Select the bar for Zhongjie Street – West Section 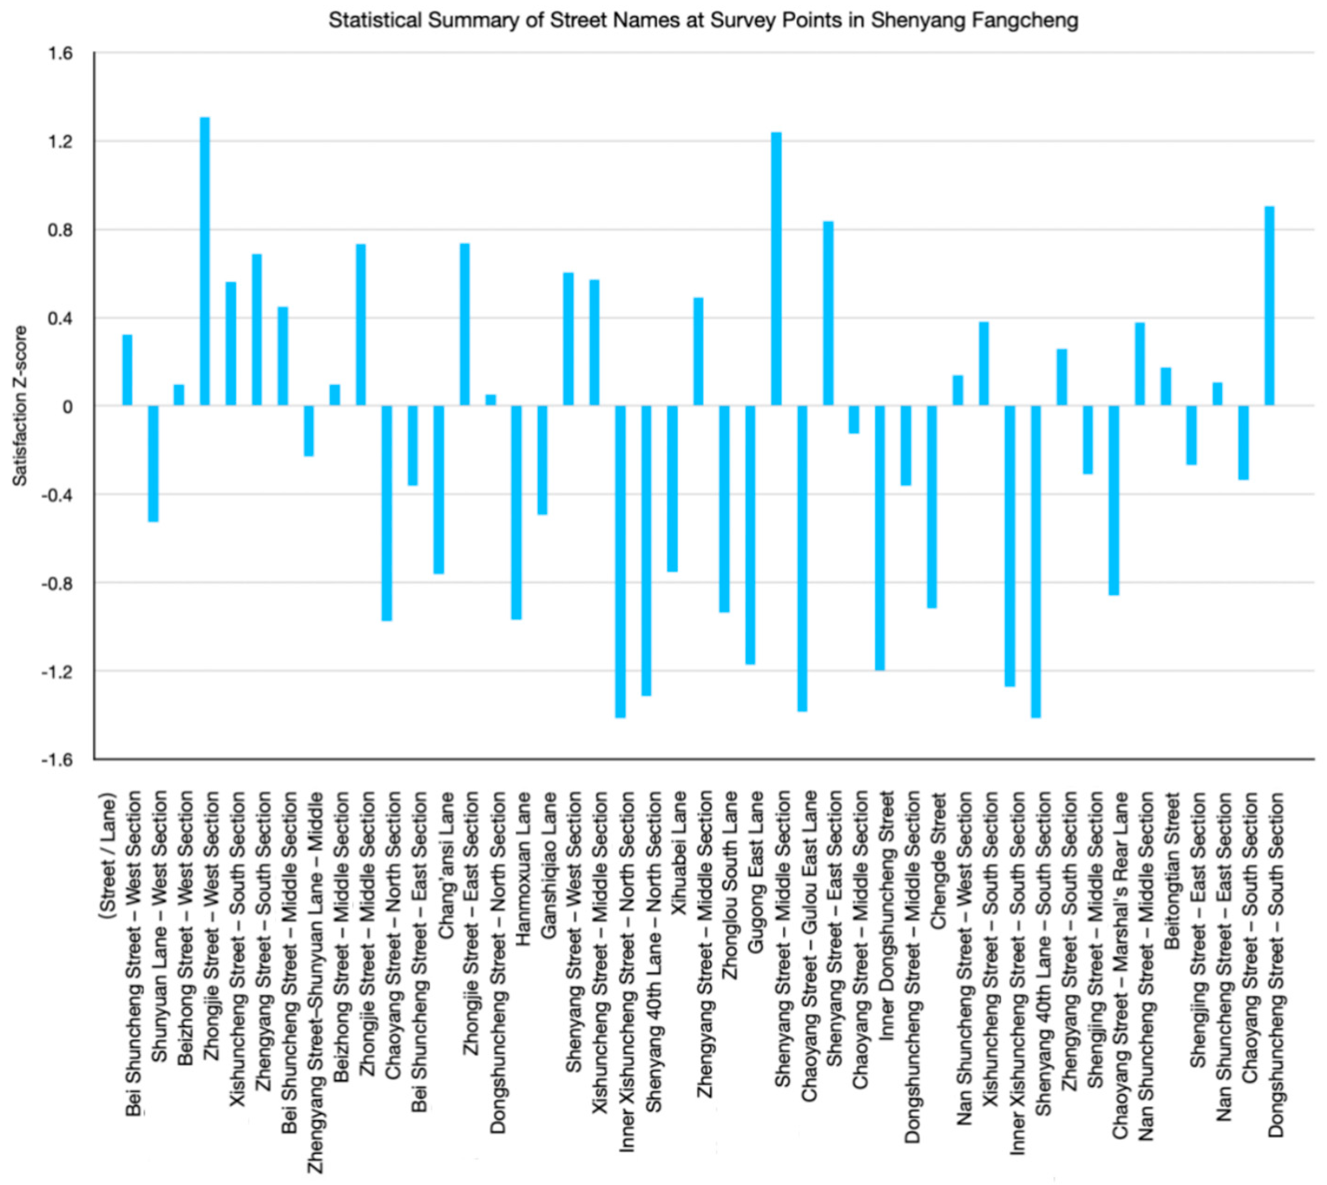coord(204,260)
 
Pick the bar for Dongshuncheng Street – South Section coord(1269,306)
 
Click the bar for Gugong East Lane coord(750,534)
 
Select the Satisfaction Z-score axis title coord(21,406)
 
